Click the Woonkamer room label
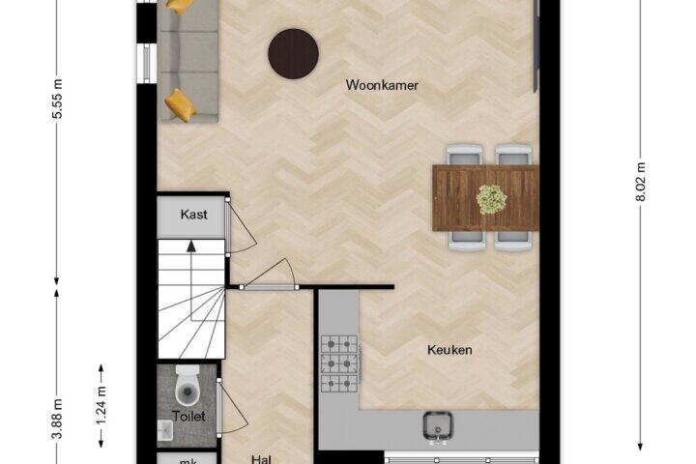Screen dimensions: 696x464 382,85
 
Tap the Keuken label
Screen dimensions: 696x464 449,350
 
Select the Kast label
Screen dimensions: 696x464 194,215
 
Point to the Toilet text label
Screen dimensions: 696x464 188,417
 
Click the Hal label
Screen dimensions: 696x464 261,459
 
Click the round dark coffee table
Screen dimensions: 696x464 293,54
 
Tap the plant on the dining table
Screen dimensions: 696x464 491,199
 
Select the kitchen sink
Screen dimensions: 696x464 437,426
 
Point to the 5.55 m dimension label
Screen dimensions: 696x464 57,99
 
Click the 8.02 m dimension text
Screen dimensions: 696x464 641,182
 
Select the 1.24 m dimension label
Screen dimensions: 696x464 101,405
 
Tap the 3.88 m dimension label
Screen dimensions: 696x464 57,419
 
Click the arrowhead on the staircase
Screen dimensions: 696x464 191,246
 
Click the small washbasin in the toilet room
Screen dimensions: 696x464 164,431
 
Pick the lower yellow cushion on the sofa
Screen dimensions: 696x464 181,105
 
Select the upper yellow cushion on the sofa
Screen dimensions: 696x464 180,6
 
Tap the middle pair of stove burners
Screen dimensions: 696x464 339,363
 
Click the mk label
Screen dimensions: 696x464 189,461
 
